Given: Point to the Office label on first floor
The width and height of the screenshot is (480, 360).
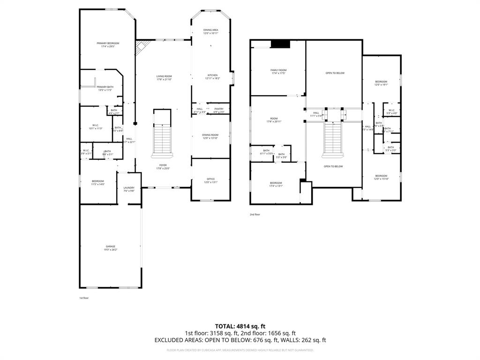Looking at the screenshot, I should pos(210,180).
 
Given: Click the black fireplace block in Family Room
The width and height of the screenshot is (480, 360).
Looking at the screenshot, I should pos(281,44).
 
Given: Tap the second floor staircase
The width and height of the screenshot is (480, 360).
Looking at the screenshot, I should pos(332,138).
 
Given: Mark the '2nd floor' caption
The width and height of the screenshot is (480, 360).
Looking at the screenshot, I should pos(255,214).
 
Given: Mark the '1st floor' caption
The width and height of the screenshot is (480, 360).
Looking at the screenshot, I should pos(84,298).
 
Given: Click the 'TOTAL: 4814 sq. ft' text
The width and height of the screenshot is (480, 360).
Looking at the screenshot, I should pos(240,326).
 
